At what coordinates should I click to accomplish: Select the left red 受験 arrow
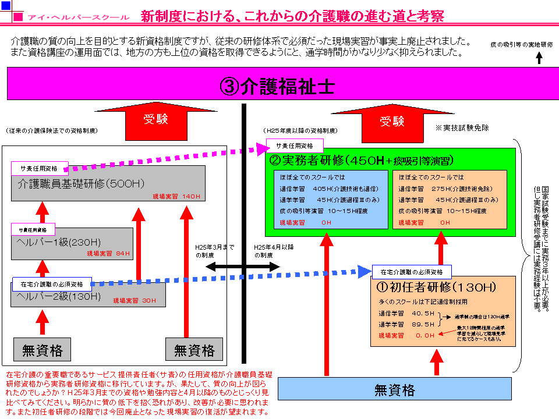[156, 122]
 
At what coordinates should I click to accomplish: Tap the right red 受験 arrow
[391, 123]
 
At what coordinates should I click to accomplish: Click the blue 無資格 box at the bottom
[394, 389]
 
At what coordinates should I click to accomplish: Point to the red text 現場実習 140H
[176, 196]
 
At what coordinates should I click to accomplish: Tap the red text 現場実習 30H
[135, 300]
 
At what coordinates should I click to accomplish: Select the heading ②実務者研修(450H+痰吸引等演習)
[362, 160]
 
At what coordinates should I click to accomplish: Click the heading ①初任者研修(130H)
[436, 287]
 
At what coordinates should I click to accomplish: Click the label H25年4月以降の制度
[274, 251]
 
